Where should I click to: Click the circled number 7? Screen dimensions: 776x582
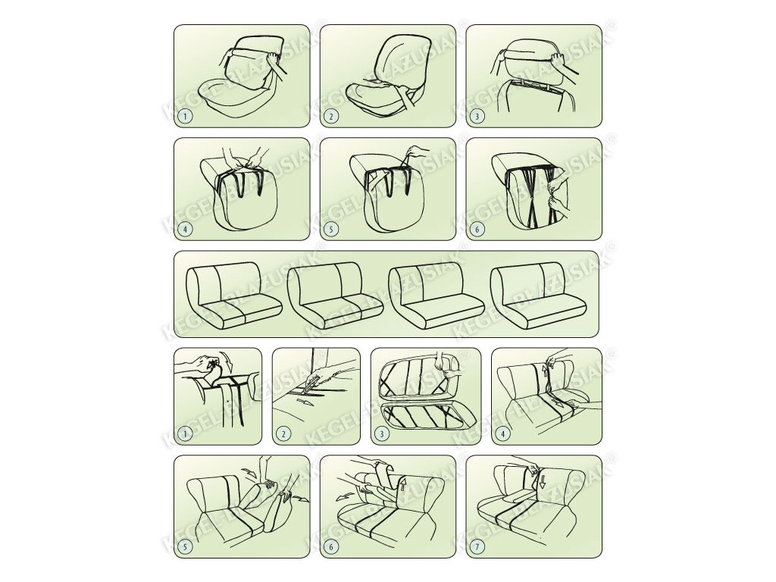(477, 546)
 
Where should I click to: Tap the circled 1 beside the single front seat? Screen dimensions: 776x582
(185, 116)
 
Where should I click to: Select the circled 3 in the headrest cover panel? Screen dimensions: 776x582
(477, 117)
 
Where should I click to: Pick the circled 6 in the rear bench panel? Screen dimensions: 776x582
(331, 547)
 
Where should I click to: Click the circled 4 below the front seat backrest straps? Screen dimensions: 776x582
(185, 229)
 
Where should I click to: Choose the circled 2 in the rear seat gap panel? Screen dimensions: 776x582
(283, 434)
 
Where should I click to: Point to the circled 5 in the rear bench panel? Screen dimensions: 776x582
(185, 547)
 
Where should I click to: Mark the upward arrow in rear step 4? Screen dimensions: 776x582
(546, 370)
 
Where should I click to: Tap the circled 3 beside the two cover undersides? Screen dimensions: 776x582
(381, 434)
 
